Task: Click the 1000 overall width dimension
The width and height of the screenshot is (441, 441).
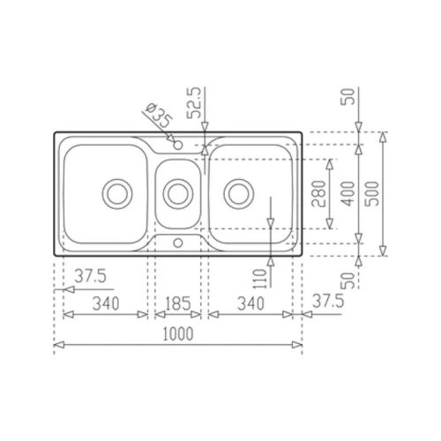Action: point(178,333)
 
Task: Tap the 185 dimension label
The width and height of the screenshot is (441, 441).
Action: point(178,303)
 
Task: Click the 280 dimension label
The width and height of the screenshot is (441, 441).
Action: point(318,194)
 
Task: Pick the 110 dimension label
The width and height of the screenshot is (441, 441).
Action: point(259,279)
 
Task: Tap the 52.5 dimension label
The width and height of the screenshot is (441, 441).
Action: point(194,102)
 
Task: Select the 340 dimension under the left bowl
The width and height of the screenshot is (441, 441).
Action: point(106,303)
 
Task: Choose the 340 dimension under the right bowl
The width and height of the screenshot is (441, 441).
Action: point(250,303)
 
